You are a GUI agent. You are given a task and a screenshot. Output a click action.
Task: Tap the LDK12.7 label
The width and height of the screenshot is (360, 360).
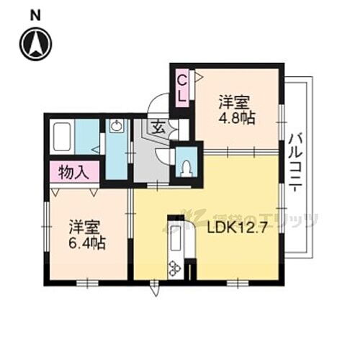click(x=232, y=230)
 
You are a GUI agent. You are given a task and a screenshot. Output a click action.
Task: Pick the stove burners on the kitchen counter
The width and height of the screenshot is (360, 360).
click(x=174, y=269)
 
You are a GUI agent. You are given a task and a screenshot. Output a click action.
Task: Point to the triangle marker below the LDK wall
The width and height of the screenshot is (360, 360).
click(x=153, y=292)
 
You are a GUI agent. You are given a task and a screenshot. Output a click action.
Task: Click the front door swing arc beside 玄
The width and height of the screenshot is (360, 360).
click(x=156, y=108)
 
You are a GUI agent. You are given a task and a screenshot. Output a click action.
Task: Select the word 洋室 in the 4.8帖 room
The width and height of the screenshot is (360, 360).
click(x=235, y=102)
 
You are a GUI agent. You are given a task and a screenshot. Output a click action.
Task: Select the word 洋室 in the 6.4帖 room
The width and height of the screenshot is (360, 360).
click(x=84, y=226)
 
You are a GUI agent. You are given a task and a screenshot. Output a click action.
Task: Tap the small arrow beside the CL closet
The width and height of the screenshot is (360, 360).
click(x=198, y=74)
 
